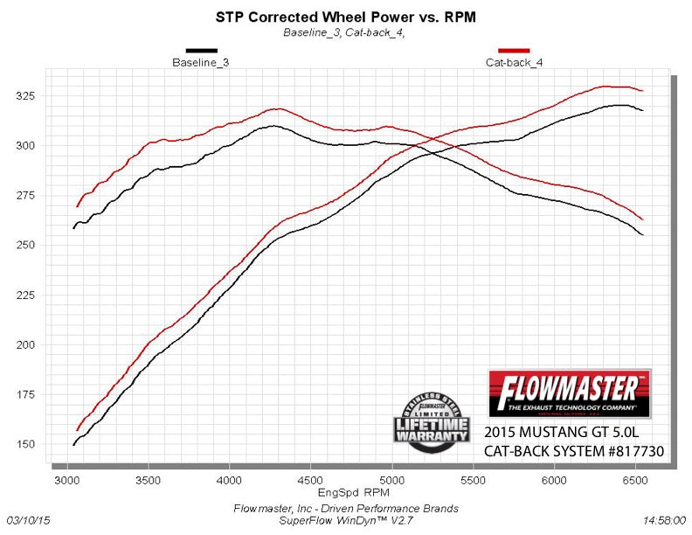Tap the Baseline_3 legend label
201,63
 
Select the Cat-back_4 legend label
514,63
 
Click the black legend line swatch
201,52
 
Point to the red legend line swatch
514,52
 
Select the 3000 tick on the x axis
67,480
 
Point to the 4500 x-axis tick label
311,480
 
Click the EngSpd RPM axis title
348,494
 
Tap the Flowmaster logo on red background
570,393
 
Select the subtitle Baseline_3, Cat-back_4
343,32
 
